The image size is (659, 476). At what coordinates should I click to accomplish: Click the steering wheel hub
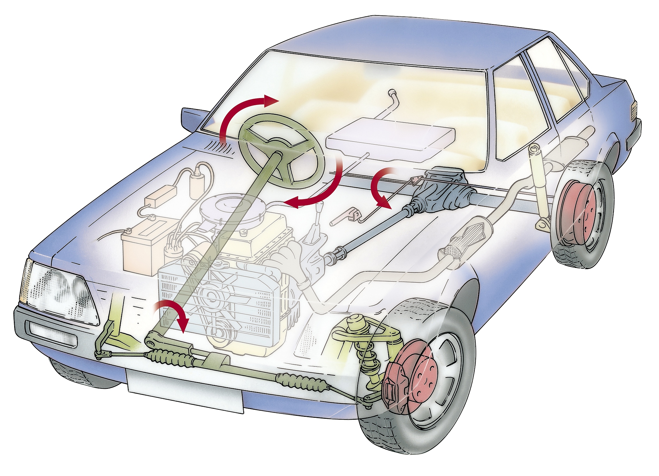pos(277,156)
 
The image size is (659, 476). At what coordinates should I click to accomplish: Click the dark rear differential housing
pos(442,193)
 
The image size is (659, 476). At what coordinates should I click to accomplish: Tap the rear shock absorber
pos(537,180)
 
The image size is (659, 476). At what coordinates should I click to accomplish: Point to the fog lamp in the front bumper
pos(53,334)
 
